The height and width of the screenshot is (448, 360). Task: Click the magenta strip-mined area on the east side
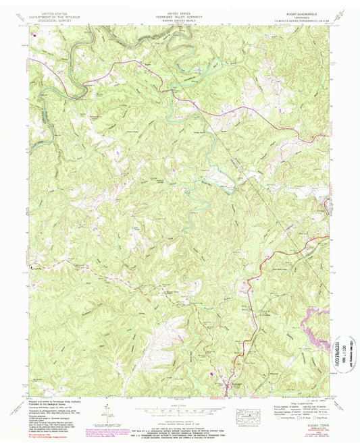(314, 331)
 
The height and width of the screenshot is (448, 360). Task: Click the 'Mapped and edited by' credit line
(51, 401)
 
